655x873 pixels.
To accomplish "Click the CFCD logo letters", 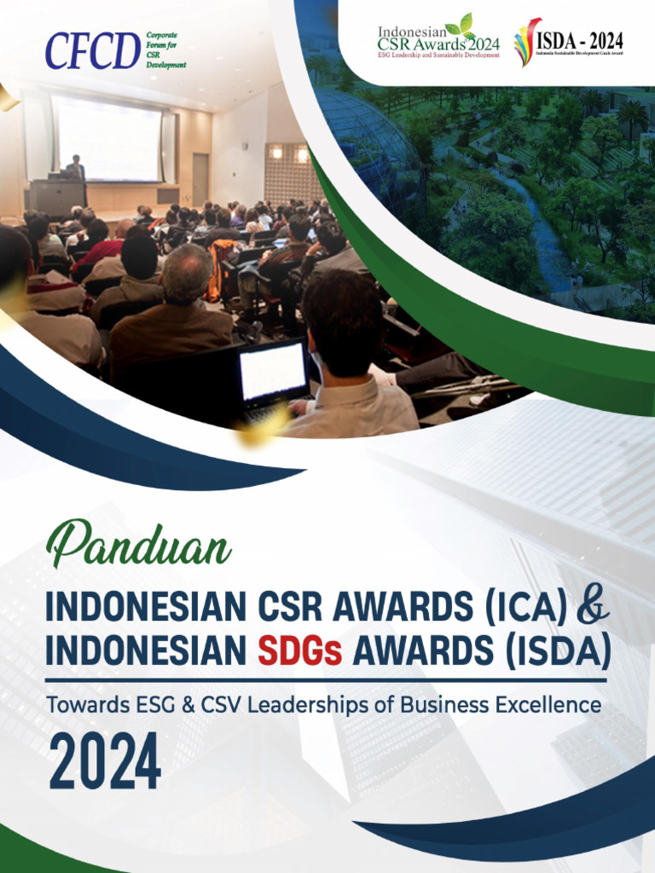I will click(92, 51).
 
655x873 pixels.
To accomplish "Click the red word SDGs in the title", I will click(299, 651).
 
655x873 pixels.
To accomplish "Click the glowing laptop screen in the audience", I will click(272, 372).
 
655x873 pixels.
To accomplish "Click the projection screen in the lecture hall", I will click(106, 138).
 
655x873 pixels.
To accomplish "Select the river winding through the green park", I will click(546, 230).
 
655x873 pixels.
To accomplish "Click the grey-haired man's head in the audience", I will click(187, 270).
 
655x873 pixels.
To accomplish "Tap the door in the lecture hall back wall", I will click(200, 179).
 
